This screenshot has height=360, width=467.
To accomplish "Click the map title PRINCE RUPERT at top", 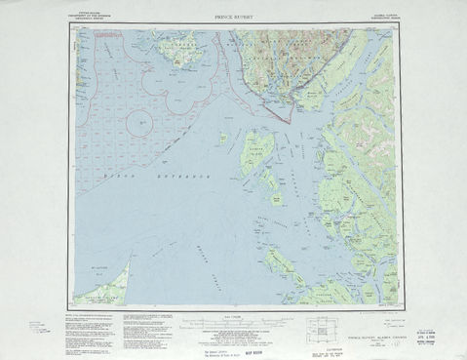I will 233,17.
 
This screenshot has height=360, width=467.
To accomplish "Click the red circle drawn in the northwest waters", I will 142,122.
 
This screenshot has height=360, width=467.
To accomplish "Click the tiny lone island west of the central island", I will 222,137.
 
